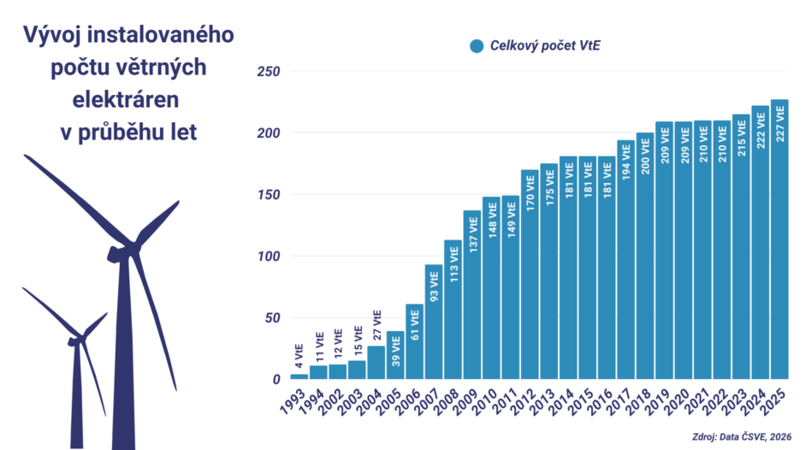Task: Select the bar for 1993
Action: [299, 376]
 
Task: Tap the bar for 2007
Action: [434, 322]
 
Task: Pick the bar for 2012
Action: [530, 274]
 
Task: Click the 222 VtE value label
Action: [760, 130]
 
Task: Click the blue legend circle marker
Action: [477, 46]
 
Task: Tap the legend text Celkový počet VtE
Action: [544, 46]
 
